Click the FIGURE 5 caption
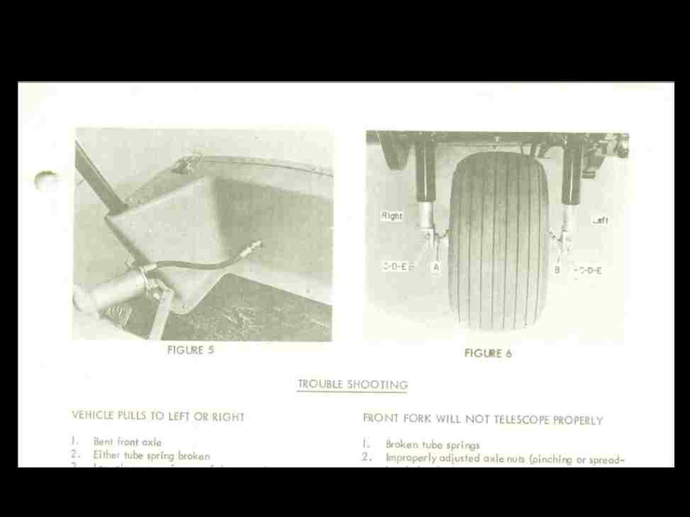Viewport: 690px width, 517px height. coord(190,350)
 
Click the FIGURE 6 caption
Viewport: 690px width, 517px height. coord(488,354)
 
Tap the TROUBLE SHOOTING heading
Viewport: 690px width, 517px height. coord(352,385)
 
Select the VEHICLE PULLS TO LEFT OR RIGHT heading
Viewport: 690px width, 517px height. coord(158,416)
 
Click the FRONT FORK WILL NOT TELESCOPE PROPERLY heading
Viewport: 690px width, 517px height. coord(482,419)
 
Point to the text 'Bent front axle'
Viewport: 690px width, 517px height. coord(127,442)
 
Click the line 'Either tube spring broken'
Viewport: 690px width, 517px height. coord(151,455)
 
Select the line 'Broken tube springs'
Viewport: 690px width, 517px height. coord(433,444)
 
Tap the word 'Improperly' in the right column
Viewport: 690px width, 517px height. coord(409,458)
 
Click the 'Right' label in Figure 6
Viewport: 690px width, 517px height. coord(392,216)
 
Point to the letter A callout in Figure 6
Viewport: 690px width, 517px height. coord(435,266)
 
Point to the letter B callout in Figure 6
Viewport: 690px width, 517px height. coord(557,270)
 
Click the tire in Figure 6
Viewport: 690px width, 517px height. coord(498,242)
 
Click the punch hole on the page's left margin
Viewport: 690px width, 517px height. coord(47,180)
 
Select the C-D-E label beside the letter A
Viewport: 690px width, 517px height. coord(397,266)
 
